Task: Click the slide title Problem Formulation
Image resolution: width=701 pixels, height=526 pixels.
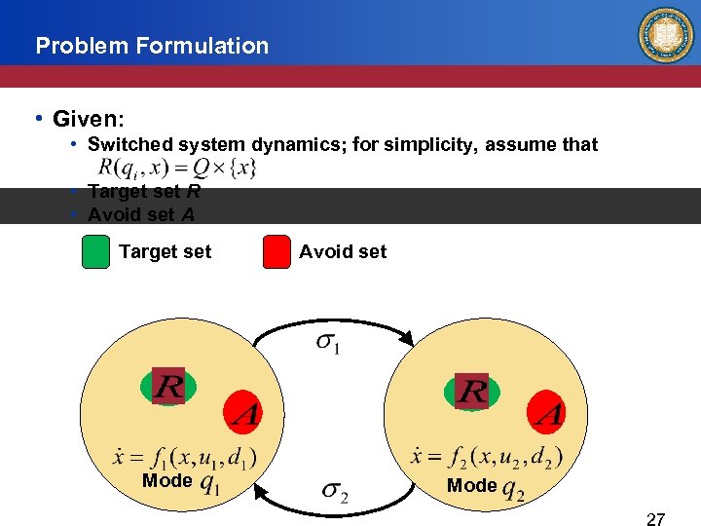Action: [151, 46]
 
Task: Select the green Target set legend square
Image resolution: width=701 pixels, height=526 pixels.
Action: [95, 252]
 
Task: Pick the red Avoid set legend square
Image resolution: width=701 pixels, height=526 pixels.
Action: [277, 252]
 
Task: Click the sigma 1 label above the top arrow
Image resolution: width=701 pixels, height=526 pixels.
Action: [329, 344]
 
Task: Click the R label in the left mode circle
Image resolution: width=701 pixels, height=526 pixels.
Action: [168, 387]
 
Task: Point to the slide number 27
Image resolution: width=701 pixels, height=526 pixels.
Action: [656, 519]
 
